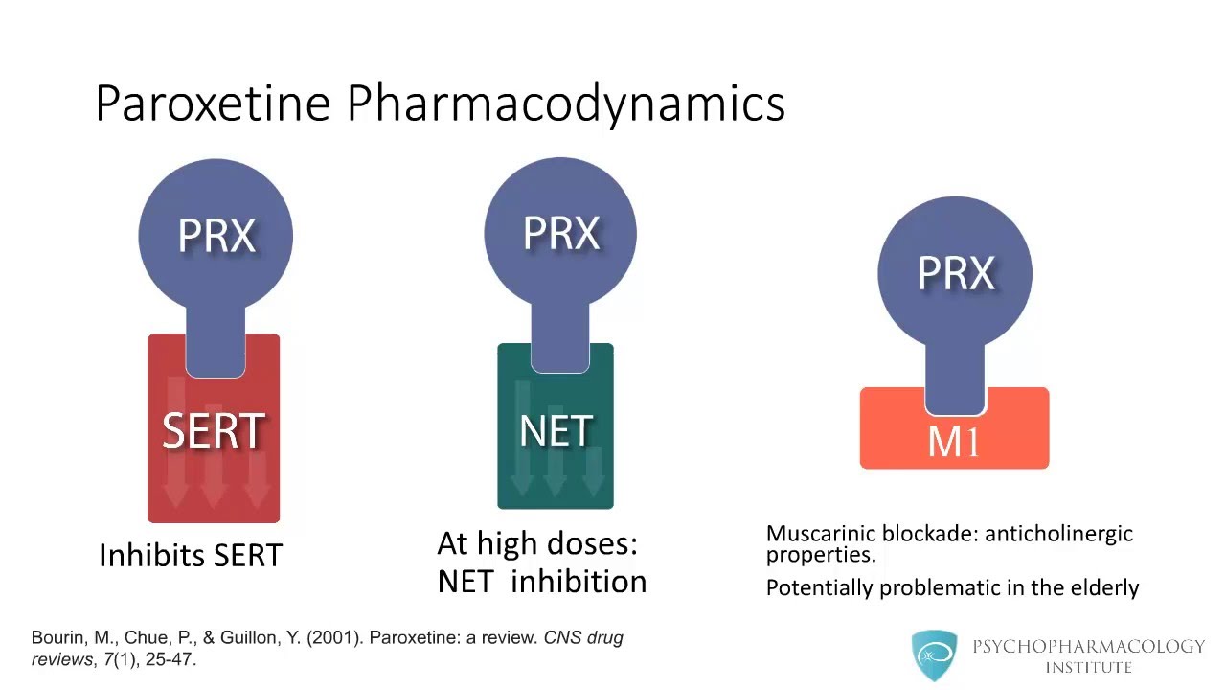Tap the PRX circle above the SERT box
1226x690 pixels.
point(216,235)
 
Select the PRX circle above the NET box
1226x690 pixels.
point(560,233)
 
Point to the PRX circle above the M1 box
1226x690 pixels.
point(955,273)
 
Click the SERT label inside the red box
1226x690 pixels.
point(214,431)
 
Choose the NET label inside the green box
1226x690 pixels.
point(556,431)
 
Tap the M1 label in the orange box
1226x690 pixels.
point(953,441)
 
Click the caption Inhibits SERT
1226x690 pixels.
point(191,555)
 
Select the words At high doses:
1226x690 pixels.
point(537,544)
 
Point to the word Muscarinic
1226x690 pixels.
point(820,534)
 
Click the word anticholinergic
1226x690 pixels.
point(1058,534)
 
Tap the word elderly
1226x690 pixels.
point(1102,587)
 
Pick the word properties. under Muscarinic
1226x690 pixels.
point(820,555)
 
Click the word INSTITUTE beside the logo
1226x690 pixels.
point(1088,667)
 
